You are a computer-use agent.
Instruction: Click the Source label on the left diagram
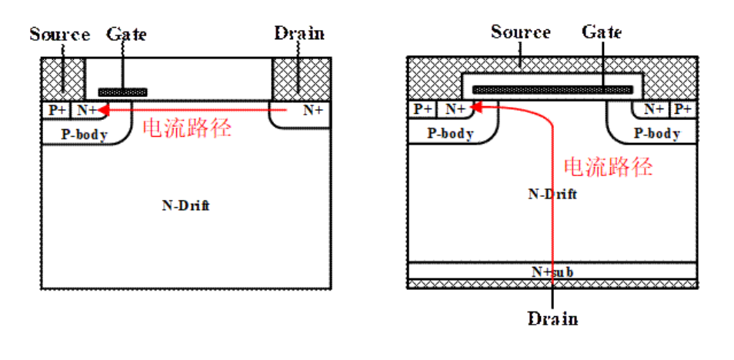(x=59, y=35)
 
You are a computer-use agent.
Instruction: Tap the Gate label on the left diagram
(x=126, y=35)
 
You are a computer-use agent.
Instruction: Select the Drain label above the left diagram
(x=299, y=34)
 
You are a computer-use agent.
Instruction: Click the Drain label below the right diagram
(x=552, y=318)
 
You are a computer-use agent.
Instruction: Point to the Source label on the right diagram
(x=520, y=32)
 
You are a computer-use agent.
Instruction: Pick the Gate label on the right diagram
(x=602, y=32)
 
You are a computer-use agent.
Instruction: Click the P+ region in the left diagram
(x=57, y=110)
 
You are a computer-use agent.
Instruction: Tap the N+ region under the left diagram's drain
(x=312, y=110)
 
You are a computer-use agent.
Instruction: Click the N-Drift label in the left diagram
(x=185, y=205)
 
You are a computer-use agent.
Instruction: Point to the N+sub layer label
(x=552, y=272)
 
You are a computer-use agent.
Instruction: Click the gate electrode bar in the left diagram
(x=123, y=92)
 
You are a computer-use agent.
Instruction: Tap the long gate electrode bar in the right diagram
(x=552, y=89)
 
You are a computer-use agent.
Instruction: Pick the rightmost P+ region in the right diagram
(x=682, y=110)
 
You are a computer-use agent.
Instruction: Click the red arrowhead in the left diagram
(x=105, y=111)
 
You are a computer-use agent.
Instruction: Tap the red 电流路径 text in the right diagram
(x=608, y=167)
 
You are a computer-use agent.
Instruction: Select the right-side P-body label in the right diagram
(x=656, y=134)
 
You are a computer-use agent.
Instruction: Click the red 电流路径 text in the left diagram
(x=187, y=128)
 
